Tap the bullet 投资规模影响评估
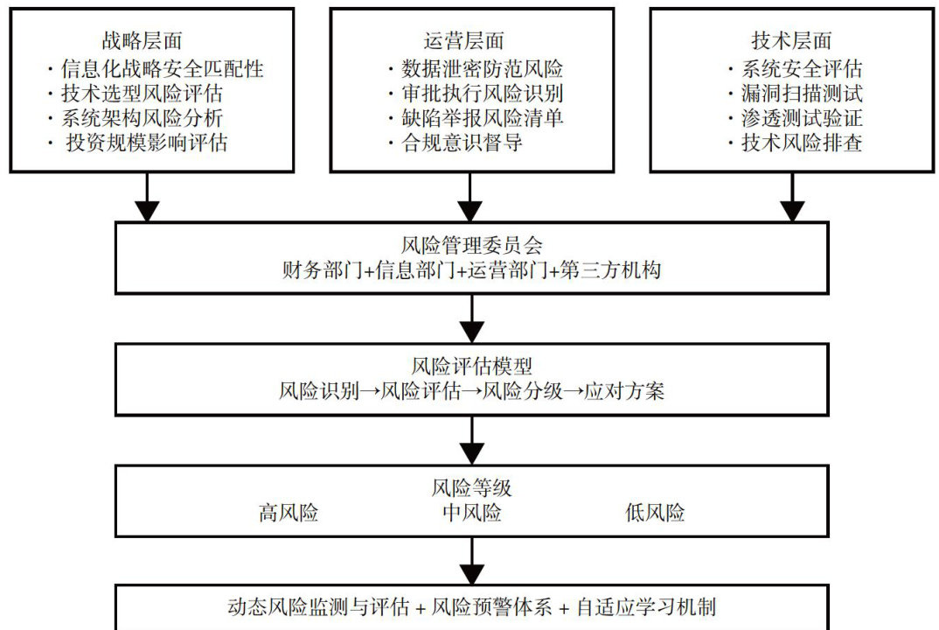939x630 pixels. (x=147, y=143)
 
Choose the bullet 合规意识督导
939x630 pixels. (x=463, y=143)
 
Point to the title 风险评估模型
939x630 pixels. (x=471, y=365)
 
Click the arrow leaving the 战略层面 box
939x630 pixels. (x=147, y=197)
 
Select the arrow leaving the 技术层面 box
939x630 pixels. (x=792, y=197)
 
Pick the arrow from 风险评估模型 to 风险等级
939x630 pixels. (x=472, y=440)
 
